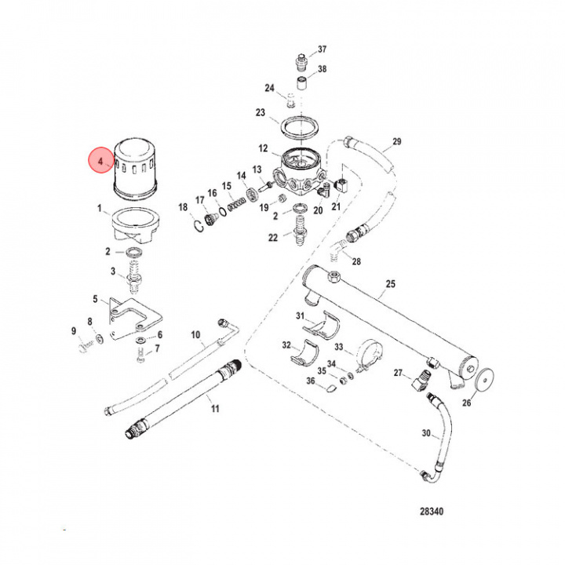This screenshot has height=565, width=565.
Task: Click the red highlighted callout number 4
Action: click(100, 162)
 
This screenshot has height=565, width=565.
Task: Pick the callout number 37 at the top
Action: click(322, 50)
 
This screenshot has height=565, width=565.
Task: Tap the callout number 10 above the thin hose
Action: click(195, 335)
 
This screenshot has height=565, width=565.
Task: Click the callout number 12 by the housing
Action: click(263, 148)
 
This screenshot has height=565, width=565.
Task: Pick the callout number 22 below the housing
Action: click(272, 238)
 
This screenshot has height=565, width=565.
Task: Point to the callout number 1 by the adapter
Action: click(100, 209)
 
